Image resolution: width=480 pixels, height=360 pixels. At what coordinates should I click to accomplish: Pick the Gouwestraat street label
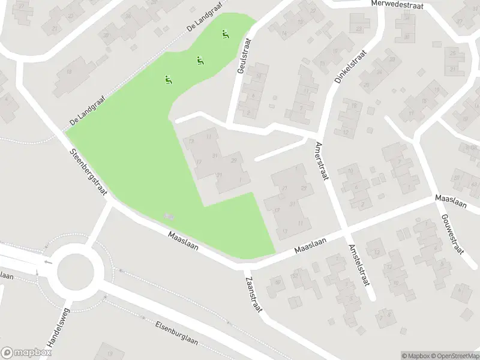click(x=453, y=234)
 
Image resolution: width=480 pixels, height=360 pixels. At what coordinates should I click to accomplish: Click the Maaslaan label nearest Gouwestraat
click(x=451, y=201)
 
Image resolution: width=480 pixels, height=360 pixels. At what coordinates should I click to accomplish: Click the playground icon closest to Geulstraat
click(x=226, y=35)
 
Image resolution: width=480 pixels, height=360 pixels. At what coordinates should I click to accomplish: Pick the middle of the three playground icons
click(x=200, y=59)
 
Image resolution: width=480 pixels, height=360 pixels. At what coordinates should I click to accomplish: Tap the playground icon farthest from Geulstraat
click(x=169, y=79)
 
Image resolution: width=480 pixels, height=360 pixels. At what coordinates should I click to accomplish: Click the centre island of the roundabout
click(x=76, y=271)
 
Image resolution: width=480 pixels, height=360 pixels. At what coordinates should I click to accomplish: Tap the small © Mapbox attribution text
click(x=417, y=356)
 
